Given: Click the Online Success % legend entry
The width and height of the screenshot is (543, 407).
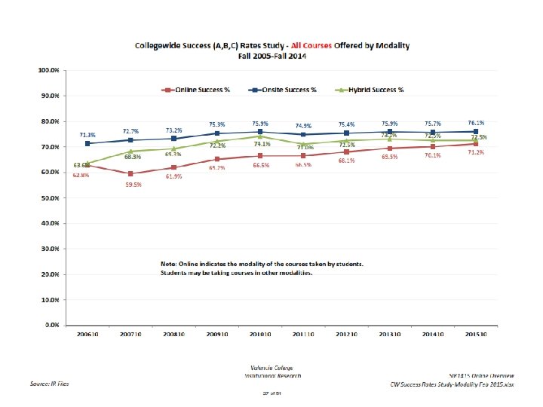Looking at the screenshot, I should click(202, 90).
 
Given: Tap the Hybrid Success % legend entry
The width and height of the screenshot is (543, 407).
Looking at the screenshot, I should click(376, 90).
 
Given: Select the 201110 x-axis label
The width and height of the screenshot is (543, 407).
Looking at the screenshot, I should click(304, 333).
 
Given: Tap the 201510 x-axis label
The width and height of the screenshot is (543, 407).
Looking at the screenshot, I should click(477, 333).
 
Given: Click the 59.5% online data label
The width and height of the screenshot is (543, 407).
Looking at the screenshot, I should click(134, 184).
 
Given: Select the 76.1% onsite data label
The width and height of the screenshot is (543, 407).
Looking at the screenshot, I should click(476, 123).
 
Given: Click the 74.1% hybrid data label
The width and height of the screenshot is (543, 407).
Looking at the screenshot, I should click(262, 144).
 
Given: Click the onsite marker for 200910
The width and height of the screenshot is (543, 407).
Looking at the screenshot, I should click(217, 133).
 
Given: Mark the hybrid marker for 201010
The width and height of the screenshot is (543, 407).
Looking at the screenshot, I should click(260, 136).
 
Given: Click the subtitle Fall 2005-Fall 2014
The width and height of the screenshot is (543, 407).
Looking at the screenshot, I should click(271, 55).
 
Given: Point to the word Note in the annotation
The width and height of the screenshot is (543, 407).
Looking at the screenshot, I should click(169, 264).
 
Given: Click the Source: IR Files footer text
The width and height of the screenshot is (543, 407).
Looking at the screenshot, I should click(49, 383).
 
